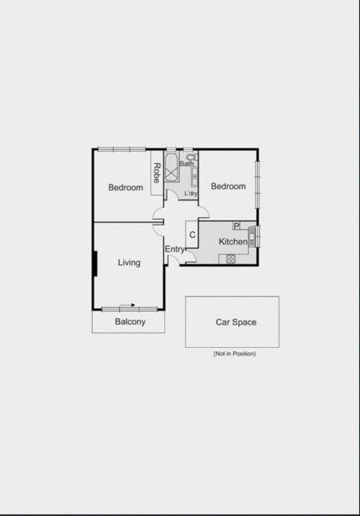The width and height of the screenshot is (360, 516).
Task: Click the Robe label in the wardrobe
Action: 157,173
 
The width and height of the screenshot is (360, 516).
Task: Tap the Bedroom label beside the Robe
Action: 126,188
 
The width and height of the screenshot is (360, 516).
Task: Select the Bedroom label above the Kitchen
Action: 228,186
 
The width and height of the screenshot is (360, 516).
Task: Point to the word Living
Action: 129,262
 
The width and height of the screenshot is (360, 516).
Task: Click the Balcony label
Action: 130,322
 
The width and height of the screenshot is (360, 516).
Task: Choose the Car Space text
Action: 236,322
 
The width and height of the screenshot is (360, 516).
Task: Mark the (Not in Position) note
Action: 234,354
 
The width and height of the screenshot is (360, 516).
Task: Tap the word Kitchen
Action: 233,242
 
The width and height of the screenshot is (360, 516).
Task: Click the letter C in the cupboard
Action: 192,235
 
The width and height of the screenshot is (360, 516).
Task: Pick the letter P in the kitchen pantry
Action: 237,226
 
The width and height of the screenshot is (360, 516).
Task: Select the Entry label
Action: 174,250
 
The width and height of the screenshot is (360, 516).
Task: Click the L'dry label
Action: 191,194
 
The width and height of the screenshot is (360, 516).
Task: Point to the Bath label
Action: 187,164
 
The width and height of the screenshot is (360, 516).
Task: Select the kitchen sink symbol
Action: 252,236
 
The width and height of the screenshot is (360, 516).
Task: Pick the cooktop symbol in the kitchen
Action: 231,260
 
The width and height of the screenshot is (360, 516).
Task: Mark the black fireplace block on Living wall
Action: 95,264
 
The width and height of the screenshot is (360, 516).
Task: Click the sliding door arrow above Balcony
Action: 133,304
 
